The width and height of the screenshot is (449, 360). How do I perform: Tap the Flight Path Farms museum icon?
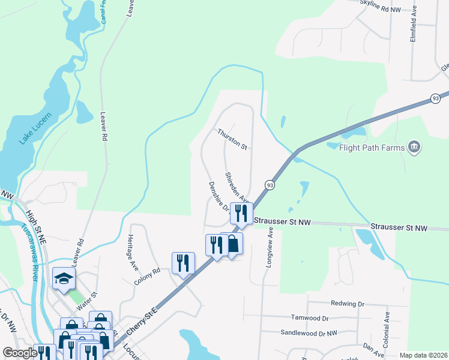pyautogui.click(x=414, y=146)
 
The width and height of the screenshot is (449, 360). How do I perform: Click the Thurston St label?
pyautogui.click(x=232, y=139)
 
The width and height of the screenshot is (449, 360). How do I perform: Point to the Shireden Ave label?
pyautogui.click(x=237, y=187)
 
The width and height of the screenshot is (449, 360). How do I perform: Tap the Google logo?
pyautogui.click(x=20, y=353)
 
